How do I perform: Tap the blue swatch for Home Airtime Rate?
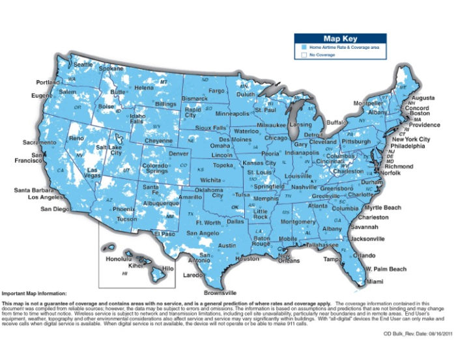[x=304, y=48]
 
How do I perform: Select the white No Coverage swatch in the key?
[x=304, y=56]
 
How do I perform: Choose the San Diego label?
[x=54, y=209]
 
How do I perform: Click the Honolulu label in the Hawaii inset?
[x=118, y=258]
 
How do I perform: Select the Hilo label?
[x=167, y=268]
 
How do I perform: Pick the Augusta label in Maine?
[x=423, y=98]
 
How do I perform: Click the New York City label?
[x=410, y=139]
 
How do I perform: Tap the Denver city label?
[x=178, y=154]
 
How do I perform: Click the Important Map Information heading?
[x=38, y=294]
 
